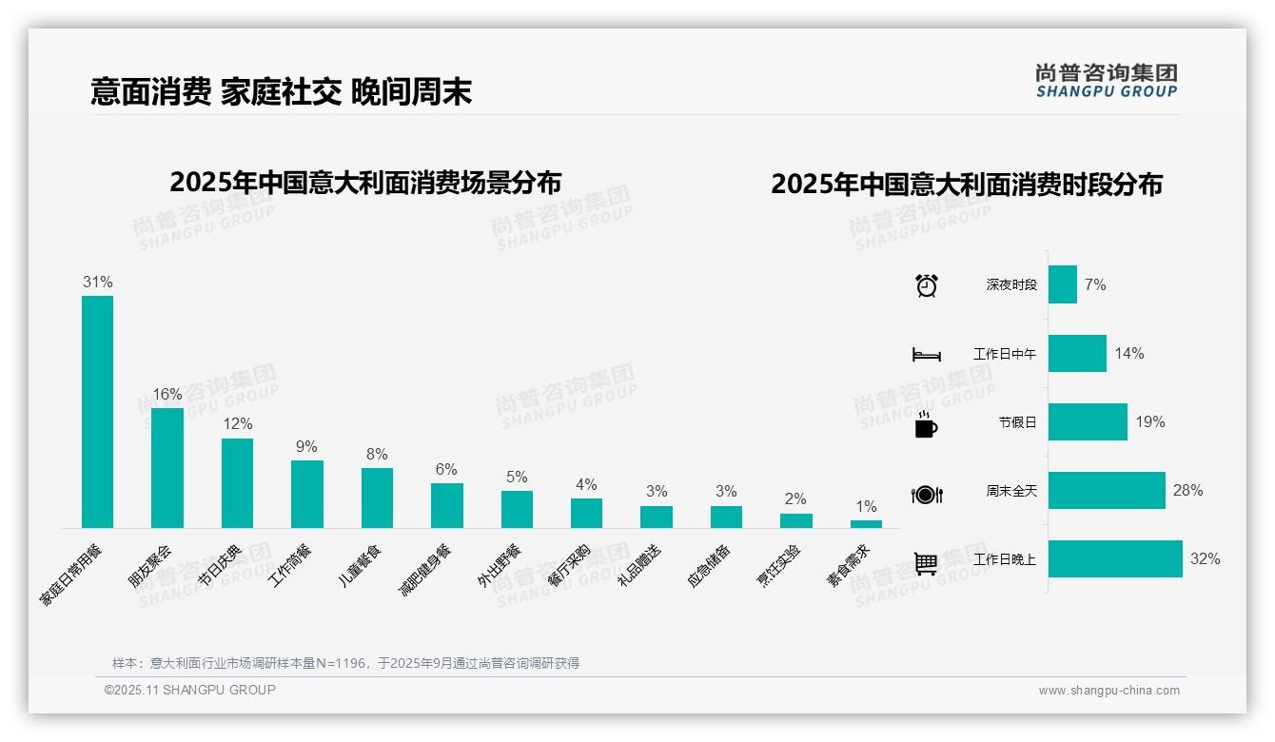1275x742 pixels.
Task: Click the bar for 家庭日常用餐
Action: click(97, 411)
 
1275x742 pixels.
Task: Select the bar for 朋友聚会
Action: click(167, 467)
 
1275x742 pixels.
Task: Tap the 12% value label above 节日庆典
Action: click(237, 424)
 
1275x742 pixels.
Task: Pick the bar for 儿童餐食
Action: click(377, 498)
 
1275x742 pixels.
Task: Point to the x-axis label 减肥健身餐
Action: click(425, 569)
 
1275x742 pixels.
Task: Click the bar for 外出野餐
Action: click(517, 509)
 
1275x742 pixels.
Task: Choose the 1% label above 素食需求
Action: click(866, 507)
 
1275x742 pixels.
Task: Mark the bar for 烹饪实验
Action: click(796, 520)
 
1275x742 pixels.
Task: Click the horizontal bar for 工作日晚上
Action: click(1115, 559)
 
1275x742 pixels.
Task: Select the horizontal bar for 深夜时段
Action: click(1063, 284)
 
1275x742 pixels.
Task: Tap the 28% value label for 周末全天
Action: click(1187, 491)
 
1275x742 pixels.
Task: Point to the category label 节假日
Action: click(1017, 422)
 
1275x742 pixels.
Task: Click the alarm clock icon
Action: click(927, 285)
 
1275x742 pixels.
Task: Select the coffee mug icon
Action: click(926, 425)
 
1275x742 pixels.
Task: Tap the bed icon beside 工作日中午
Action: click(926, 355)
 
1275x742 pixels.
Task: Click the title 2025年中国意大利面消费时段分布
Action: click(966, 185)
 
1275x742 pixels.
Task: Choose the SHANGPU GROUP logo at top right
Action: click(1106, 81)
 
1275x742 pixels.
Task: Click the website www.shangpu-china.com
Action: click(1108, 691)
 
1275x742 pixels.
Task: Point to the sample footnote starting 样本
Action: click(345, 663)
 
